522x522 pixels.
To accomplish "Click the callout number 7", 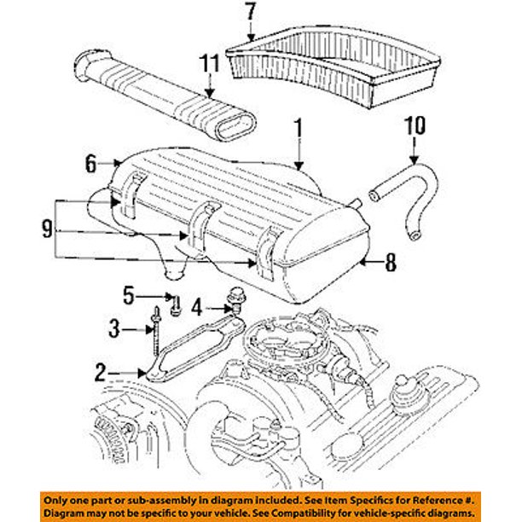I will click(250, 12).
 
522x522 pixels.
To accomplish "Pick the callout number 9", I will click(46, 229).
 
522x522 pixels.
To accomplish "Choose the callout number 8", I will click(391, 263).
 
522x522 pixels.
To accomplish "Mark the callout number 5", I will click(129, 295).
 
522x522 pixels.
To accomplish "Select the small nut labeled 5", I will click(176, 304).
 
